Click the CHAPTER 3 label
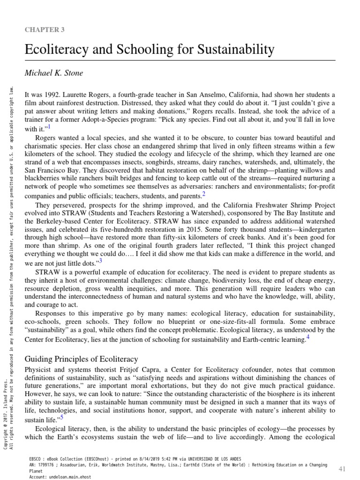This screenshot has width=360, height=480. click(x=45, y=30)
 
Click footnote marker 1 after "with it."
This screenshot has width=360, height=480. click(x=49, y=127)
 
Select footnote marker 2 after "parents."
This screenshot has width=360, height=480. click(x=204, y=194)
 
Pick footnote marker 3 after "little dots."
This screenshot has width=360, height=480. click(x=100, y=261)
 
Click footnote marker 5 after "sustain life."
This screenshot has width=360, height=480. click(x=61, y=404)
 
